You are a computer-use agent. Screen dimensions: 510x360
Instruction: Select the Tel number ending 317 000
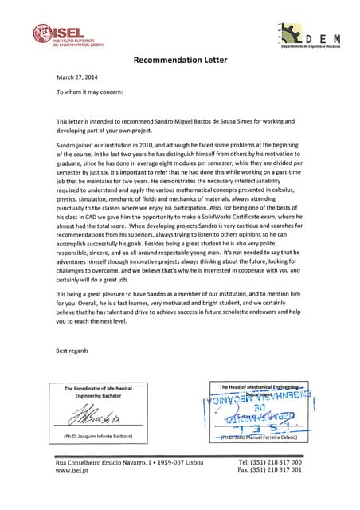270,462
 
